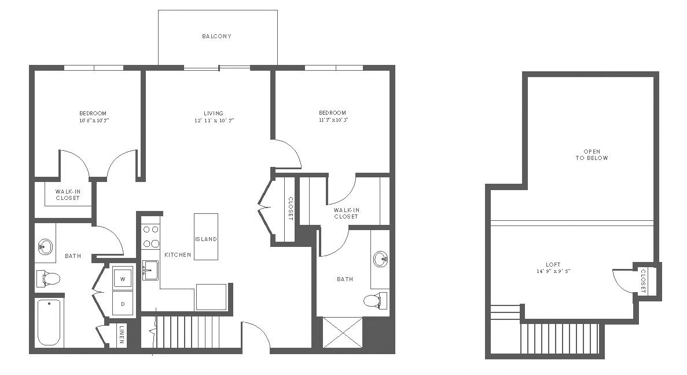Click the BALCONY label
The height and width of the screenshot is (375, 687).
pos(216,37)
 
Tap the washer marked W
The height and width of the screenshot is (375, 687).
pos(123,278)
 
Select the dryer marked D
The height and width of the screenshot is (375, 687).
pos(123,304)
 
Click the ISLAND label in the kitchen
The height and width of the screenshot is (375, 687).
pos(206,239)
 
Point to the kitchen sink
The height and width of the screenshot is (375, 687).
pos(150,270)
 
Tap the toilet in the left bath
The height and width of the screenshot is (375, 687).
pos(48,278)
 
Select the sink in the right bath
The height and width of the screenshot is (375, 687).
pos(381,259)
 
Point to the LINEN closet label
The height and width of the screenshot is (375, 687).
pos(122,335)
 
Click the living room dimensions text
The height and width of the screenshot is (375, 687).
pos(215,120)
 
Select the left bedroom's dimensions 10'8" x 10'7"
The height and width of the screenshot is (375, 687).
pos(93,120)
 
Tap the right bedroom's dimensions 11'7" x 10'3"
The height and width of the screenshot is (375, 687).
pos(333,120)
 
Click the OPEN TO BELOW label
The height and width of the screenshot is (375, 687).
pos(592,155)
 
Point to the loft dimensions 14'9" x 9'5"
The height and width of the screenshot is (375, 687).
pos(553,271)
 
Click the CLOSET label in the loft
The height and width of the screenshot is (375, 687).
pos(643,281)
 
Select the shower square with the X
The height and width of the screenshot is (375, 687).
pos(343,333)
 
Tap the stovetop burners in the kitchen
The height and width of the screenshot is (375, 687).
pos(150,236)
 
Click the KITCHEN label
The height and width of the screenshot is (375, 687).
pos(178,255)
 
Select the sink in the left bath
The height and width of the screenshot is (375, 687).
pos(45,246)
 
